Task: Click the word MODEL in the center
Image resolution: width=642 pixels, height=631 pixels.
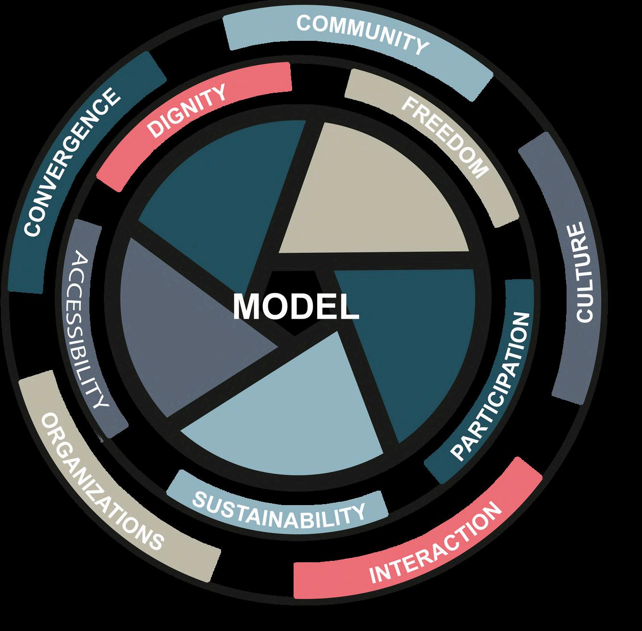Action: [296, 307]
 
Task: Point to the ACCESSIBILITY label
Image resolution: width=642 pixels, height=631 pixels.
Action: [89, 332]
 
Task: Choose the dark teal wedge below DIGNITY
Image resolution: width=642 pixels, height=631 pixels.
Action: [216, 187]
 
